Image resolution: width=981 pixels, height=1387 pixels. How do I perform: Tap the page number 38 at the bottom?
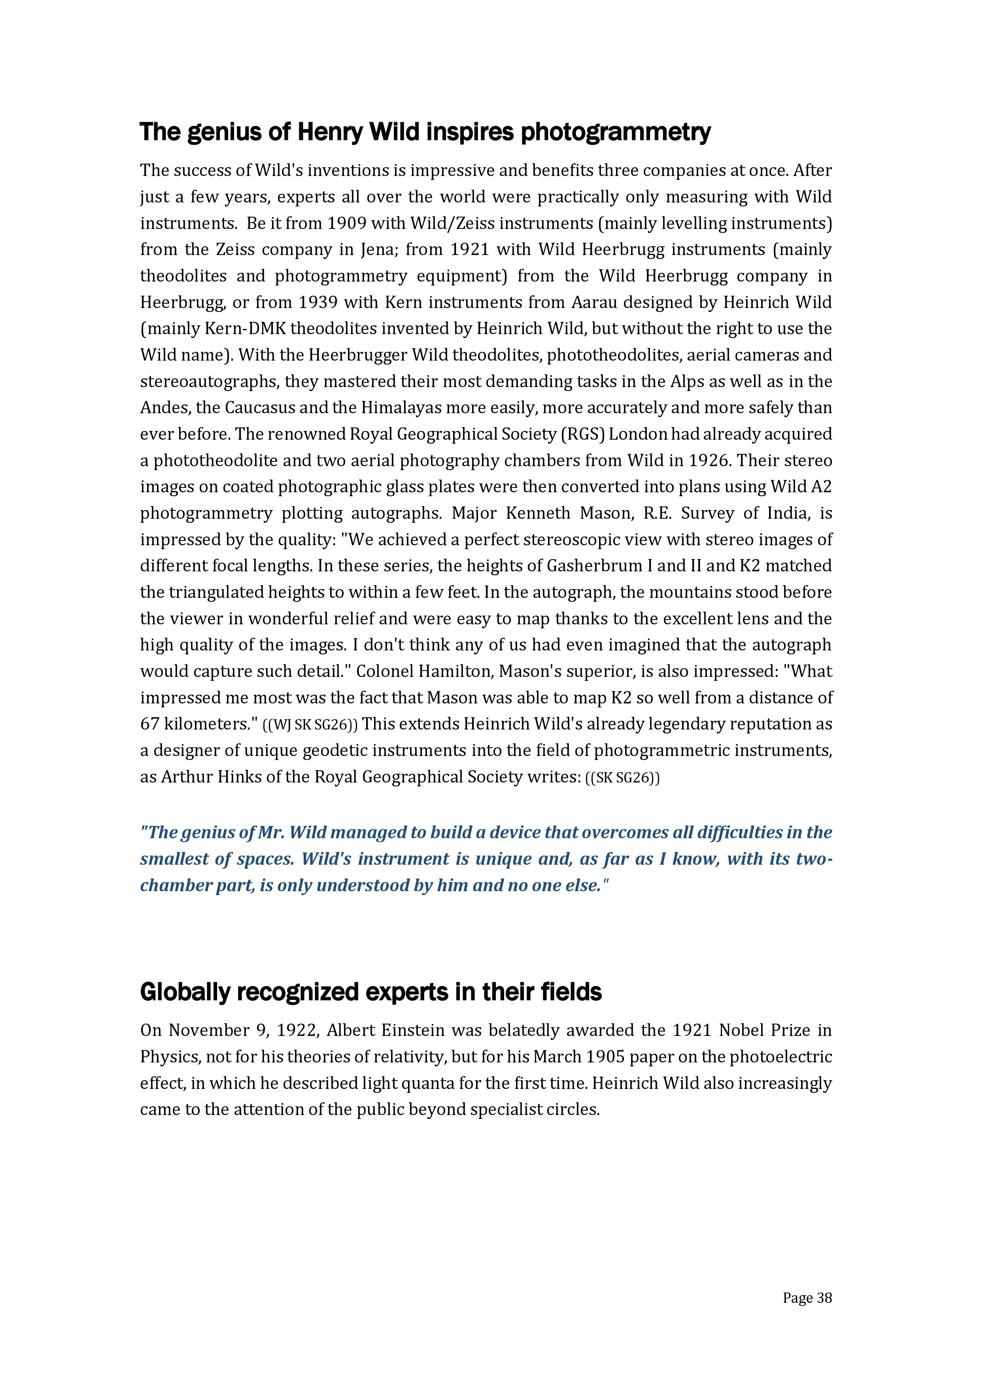[824, 1298]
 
